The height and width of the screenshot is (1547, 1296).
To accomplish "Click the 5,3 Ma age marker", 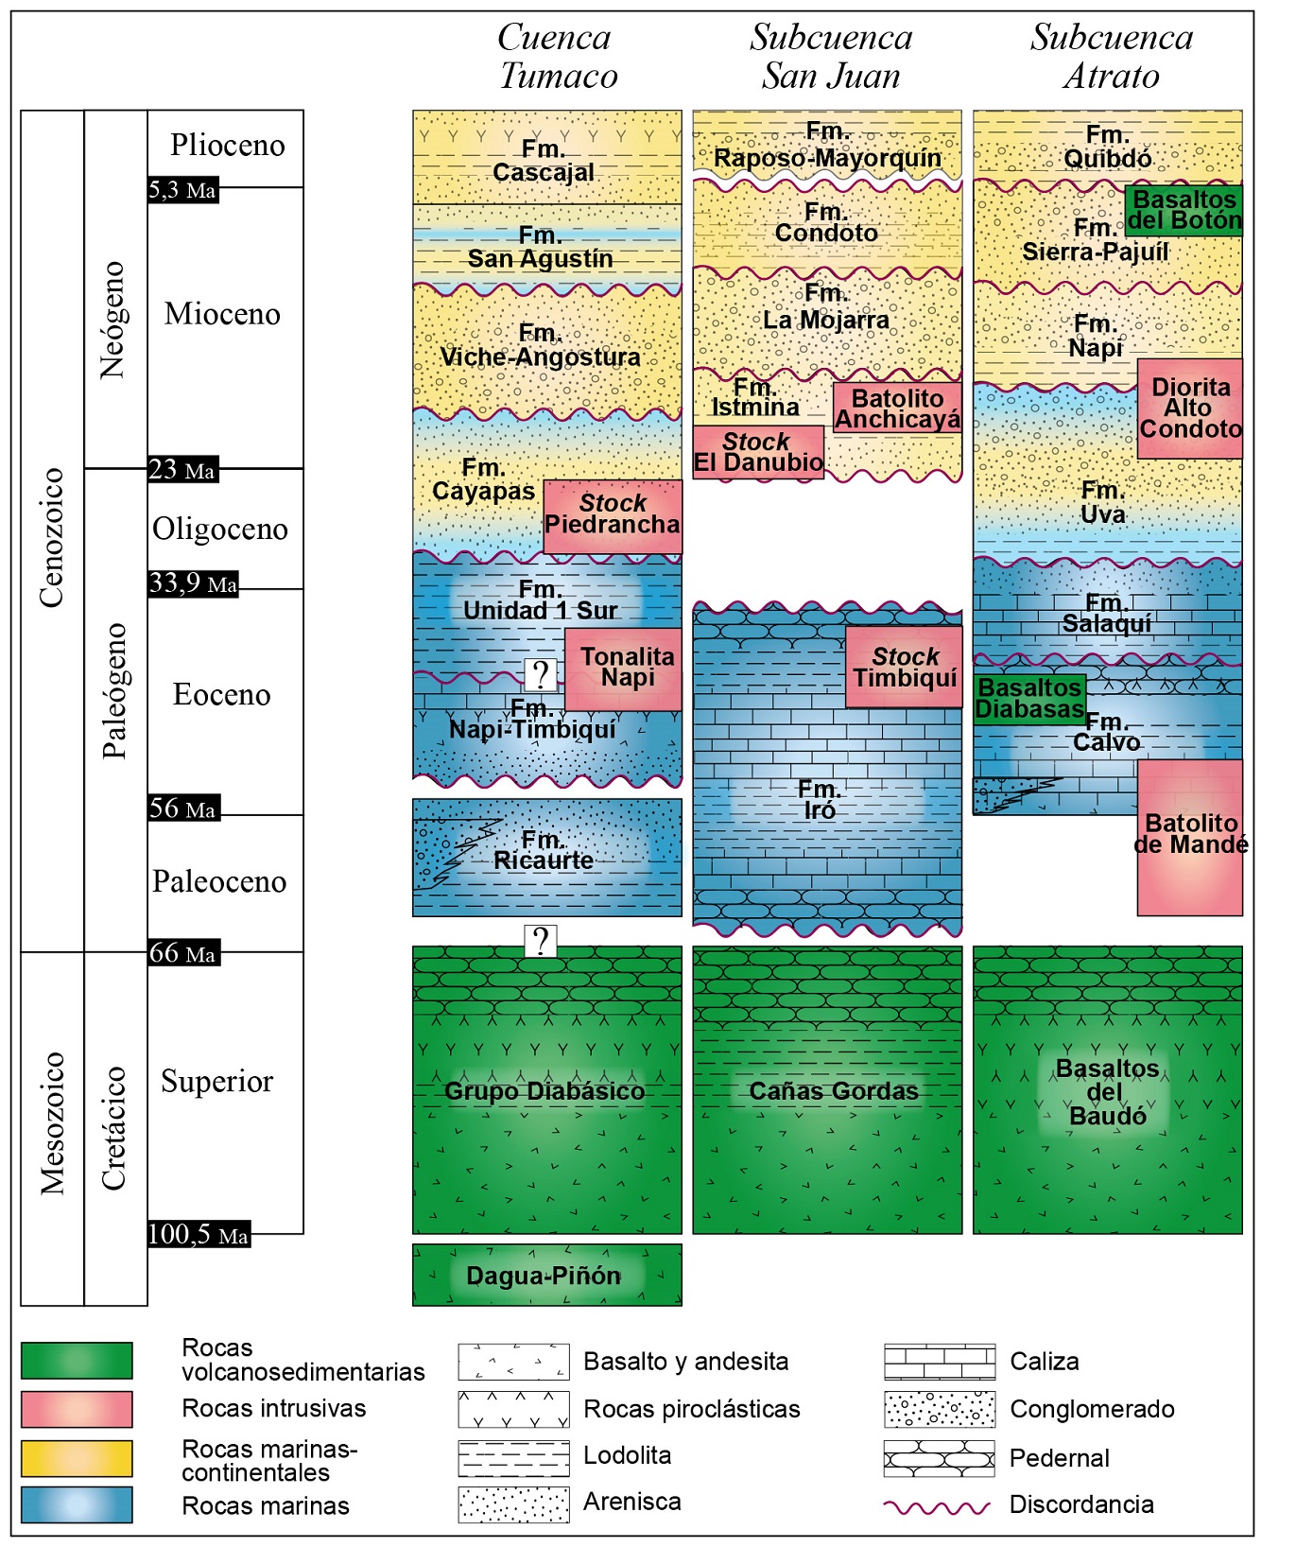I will [x=182, y=190].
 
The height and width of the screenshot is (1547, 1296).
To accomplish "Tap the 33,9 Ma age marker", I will [x=193, y=583].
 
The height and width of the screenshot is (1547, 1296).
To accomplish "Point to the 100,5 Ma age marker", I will [x=199, y=1234].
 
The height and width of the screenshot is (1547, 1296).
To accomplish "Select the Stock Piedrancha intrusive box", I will [x=613, y=515].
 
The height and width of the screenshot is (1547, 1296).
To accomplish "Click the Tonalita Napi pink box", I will [x=625, y=669].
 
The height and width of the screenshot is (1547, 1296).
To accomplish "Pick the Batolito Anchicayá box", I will [x=897, y=408].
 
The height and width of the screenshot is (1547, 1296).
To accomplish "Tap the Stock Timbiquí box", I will [x=904, y=667].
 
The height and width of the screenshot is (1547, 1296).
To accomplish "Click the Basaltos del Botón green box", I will [x=1184, y=210].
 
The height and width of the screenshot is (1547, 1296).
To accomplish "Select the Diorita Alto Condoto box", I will [x=1189, y=408].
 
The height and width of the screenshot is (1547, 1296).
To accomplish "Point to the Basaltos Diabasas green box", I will [x=1029, y=699].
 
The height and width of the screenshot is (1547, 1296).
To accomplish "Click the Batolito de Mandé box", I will [x=1189, y=837].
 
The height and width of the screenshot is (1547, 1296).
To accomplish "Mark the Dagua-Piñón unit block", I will [x=546, y=1275].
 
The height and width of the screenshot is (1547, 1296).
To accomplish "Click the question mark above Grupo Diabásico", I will [x=541, y=941].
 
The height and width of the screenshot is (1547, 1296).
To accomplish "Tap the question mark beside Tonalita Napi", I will [x=541, y=674].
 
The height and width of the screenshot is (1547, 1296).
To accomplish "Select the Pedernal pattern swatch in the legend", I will [x=939, y=1458].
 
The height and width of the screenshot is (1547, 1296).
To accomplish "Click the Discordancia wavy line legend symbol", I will [x=937, y=1506].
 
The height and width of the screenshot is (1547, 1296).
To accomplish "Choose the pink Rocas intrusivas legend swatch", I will [x=77, y=1409].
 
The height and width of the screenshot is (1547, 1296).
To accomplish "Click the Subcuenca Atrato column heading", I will [x=1111, y=57].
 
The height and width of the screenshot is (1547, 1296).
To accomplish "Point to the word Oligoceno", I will [x=220, y=529].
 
